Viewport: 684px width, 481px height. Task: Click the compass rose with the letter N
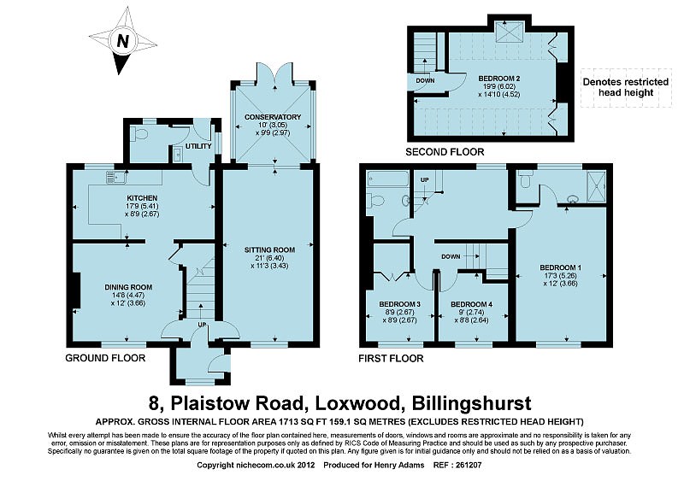tap(122, 41)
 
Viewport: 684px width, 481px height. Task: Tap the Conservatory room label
tap(273, 116)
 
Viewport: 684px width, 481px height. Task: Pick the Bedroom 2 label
tap(498, 78)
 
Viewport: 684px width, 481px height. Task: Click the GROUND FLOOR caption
tap(105, 358)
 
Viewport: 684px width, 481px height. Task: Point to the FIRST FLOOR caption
tap(392, 359)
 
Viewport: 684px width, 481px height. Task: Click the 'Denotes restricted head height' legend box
tap(625, 88)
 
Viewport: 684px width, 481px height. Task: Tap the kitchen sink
tap(114, 178)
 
